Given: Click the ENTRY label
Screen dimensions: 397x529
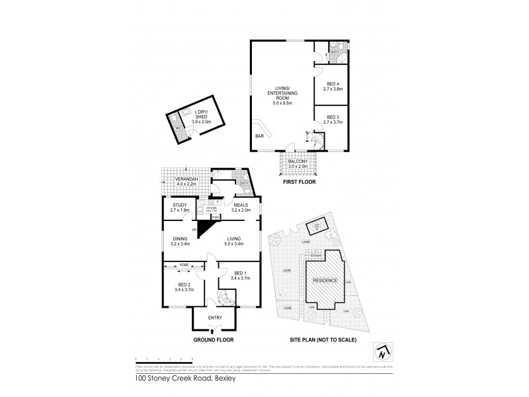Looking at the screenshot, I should coord(215,318).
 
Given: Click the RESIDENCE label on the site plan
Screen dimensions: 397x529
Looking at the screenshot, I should coord(325,281).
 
